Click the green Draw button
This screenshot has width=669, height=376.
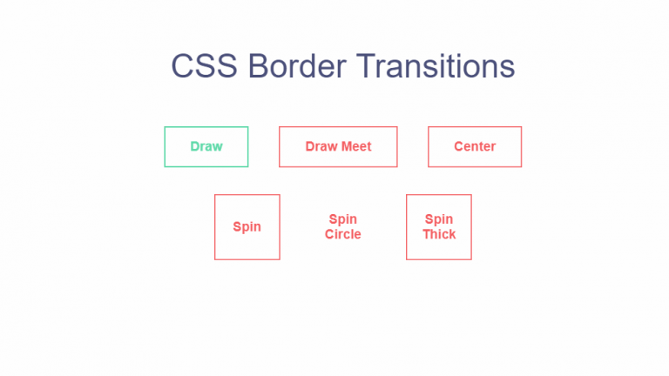206,146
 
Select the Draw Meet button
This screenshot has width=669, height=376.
338,146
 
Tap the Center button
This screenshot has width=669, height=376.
475,146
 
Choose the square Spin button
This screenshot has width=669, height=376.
247,227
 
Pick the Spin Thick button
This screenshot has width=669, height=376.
439,227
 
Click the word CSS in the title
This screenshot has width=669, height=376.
204,66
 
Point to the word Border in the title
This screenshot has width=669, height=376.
297,66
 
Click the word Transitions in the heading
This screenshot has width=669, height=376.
436,66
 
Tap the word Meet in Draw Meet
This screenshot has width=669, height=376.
356,146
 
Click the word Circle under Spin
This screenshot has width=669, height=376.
343,234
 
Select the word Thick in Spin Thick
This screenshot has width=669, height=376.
439,234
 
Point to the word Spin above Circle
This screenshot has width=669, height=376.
343,219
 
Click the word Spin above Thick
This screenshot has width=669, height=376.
439,219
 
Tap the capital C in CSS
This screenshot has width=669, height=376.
182,66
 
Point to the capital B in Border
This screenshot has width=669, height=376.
258,66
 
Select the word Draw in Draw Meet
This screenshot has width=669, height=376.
321,146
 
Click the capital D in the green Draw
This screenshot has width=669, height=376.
195,146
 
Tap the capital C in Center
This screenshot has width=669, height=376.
459,146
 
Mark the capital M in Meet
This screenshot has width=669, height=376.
347,146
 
